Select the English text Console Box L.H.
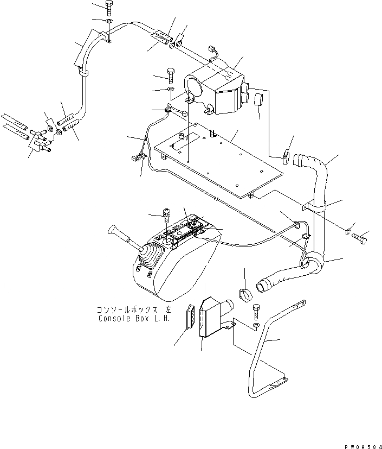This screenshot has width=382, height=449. coord(134,319)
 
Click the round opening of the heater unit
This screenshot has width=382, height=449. coord(193,86)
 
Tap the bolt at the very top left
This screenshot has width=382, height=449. coord(108,8)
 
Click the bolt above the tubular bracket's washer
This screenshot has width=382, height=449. coord(256,310)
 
